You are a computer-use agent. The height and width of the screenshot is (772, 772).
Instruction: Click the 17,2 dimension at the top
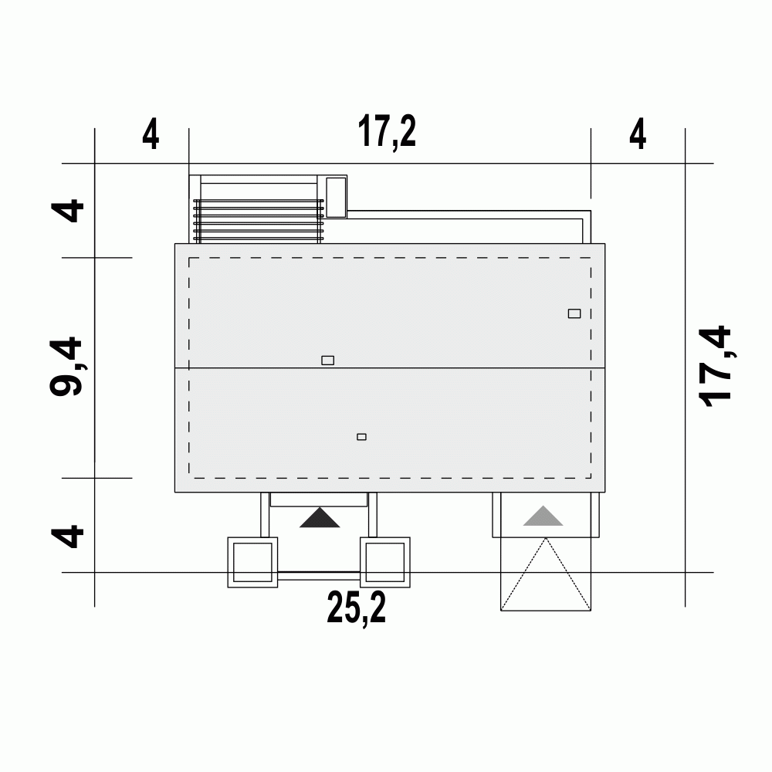[x=387, y=132]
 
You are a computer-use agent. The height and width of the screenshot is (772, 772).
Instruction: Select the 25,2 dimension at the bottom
[x=357, y=609]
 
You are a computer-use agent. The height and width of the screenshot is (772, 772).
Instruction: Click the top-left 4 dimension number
[x=151, y=134]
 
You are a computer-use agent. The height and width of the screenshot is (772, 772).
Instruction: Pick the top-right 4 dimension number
[x=638, y=134]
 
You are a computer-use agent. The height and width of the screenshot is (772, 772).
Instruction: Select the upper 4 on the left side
[x=68, y=210]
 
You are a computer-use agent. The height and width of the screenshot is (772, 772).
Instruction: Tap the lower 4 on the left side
[x=68, y=537]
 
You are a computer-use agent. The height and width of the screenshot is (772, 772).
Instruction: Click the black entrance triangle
[x=320, y=518]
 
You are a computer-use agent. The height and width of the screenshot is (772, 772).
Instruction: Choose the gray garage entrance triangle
[x=543, y=516]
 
